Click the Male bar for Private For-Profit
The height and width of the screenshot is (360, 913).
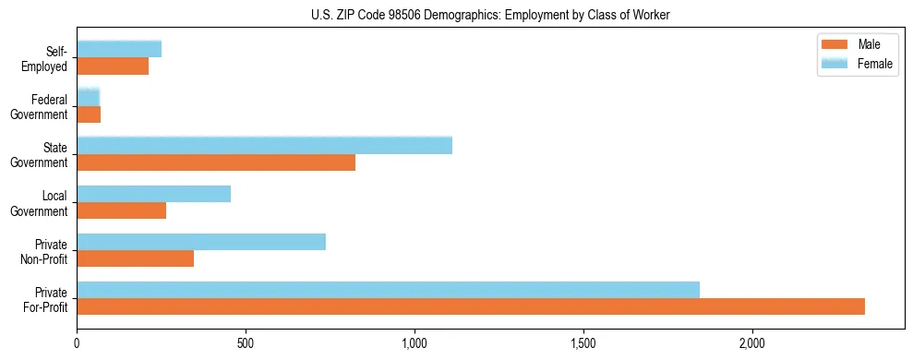[471, 306]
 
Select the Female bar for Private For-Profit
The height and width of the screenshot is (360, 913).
[388, 290]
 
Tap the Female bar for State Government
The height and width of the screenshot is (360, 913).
[264, 145]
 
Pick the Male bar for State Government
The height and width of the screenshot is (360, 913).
[216, 162]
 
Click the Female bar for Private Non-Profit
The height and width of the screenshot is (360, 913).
[201, 242]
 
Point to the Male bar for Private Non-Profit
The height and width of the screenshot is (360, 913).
[135, 258]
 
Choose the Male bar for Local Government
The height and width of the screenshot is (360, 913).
[121, 210]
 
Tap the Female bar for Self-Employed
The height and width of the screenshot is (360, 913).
[119, 49]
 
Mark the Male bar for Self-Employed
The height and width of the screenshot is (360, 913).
[113, 66]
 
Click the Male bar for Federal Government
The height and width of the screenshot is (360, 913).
[89, 114]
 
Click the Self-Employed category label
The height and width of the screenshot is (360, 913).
[48, 58]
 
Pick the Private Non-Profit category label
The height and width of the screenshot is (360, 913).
[46, 250]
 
